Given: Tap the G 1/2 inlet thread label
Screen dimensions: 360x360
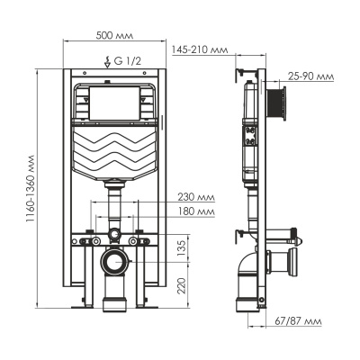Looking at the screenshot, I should coord(121,61).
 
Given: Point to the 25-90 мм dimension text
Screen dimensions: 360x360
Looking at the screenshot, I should coord(310,76).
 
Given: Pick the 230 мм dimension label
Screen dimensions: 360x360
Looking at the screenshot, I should coord(195,197).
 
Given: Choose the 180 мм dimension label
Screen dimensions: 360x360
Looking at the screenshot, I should coord(195,212).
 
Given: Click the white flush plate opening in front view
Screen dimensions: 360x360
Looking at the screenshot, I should coord(115,103).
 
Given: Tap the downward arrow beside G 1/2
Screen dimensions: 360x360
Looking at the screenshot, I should coord(108,61).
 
